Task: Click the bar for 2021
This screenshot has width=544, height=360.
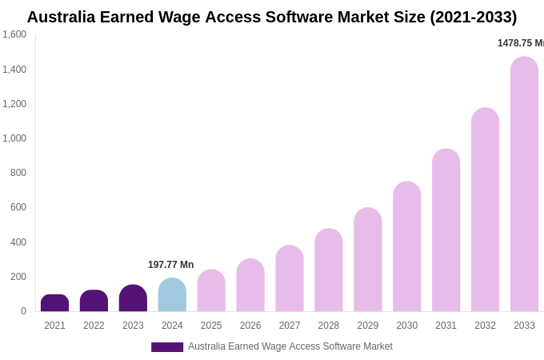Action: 54,303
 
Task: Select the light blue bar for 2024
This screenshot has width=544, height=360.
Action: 172,295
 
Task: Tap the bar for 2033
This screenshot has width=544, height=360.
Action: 524,184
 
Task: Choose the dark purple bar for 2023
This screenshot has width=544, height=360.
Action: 133,298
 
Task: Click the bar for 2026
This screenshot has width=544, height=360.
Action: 250,286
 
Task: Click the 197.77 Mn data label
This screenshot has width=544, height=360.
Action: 170,265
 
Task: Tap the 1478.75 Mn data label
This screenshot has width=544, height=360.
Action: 520,43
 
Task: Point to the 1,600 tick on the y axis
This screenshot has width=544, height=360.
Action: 14,34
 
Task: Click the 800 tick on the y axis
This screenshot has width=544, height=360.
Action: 18,173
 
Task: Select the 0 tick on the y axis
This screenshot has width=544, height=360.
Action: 23,311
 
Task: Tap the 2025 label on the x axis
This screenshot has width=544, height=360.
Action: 211,326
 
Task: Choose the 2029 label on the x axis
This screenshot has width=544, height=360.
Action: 368,326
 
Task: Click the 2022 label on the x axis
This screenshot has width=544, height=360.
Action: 94,326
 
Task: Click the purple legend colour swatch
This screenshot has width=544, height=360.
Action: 167,347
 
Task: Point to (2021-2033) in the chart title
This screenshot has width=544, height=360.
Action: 473,17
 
